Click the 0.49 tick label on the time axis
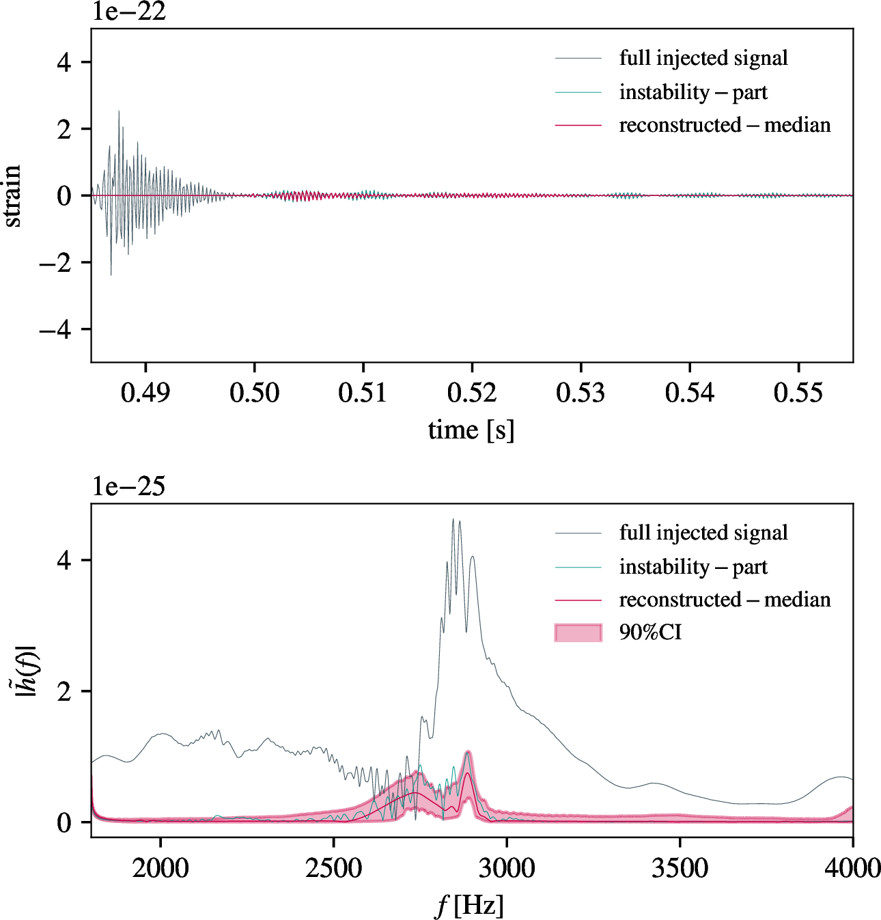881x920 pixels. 145,393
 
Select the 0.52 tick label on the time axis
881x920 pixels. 472,393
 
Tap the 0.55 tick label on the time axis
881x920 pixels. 798,393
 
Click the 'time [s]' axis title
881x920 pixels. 471,430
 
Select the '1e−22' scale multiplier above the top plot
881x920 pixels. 129,12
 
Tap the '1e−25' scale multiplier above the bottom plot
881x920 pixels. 129,486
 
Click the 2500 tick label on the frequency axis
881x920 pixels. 333,868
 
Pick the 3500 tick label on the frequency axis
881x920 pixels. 680,868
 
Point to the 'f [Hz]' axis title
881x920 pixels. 470,906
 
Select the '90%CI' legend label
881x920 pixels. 650,632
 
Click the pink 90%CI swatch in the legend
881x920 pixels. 578,632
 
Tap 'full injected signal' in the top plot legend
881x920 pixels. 703,58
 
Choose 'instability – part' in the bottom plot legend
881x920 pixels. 693,567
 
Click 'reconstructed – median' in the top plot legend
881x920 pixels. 725,125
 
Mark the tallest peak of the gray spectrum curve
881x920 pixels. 453,520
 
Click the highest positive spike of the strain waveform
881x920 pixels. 119,112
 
